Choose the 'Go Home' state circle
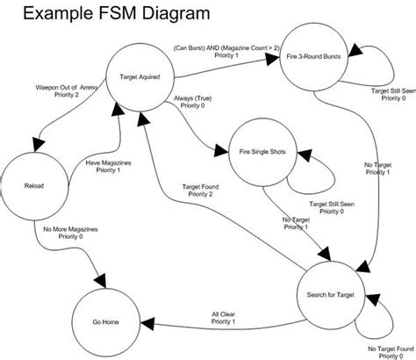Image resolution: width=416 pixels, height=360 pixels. [105, 321]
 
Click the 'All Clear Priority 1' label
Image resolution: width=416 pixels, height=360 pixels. [222, 317]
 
